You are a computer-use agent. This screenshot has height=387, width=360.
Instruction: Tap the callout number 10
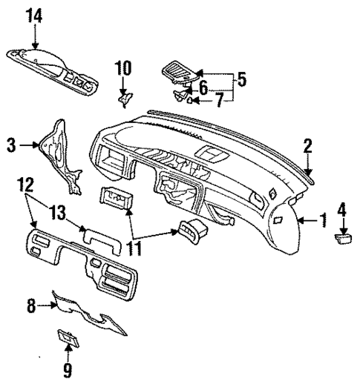[122, 69]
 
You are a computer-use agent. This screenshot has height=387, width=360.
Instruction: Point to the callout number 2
[307, 146]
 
